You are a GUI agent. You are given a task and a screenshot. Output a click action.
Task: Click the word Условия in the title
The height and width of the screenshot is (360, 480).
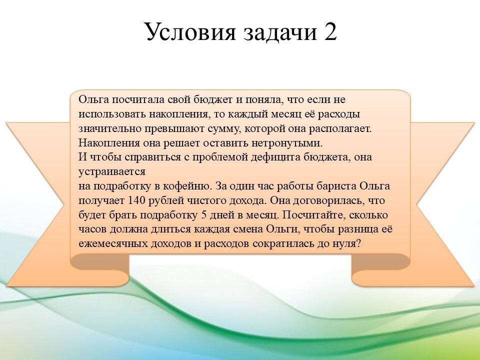tap(190, 31)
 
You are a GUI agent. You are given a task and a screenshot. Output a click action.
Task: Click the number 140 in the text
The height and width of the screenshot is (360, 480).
tap(134, 200)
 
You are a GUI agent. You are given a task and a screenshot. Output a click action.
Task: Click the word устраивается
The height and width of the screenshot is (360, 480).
tap(112, 172)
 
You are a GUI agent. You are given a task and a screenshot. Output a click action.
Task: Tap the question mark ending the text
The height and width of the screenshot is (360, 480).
tap(359, 244)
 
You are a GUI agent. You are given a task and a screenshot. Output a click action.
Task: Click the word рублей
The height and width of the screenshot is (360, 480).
tap(161, 201)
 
